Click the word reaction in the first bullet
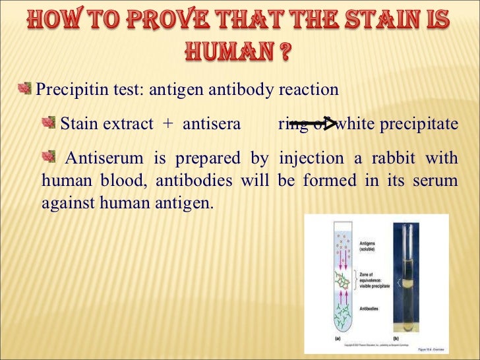tap(310, 90)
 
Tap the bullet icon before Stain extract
tap(50, 123)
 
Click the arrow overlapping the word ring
tap(313, 123)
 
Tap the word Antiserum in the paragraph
tap(105, 159)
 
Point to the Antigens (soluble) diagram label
tap(370, 247)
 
